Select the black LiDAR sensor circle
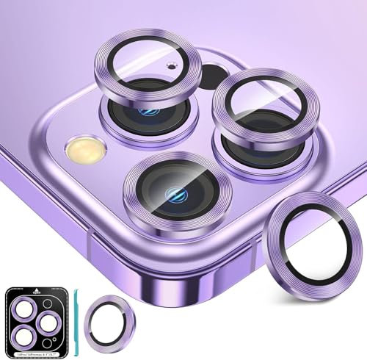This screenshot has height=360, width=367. pyautogui.click(x=214, y=76)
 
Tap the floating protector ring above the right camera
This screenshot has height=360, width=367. pyautogui.click(x=258, y=103)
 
